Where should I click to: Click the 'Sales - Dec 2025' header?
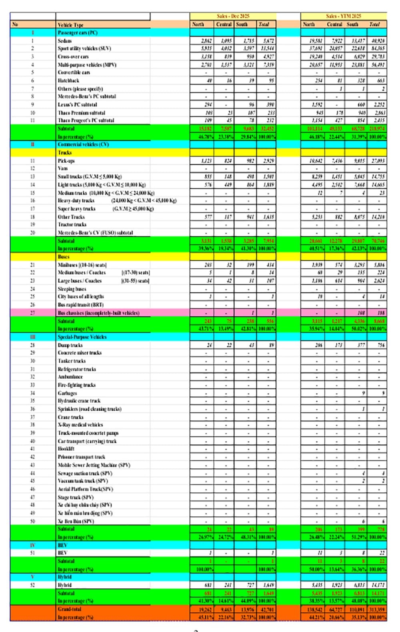click(233, 16)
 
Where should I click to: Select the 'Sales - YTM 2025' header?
click(343, 16)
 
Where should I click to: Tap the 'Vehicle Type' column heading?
click(70, 25)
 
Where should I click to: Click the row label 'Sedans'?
click(65, 40)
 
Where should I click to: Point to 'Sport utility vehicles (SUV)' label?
click(84, 48)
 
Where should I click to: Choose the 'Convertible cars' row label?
click(74, 72)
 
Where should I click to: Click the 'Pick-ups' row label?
click(66, 161)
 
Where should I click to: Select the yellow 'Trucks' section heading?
click(65, 152)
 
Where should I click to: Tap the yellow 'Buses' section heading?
click(64, 257)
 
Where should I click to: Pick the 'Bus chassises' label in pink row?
click(98, 313)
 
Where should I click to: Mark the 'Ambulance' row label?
click(70, 377)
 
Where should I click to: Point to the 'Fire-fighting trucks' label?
click(77, 385)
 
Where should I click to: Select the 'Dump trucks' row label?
click(70, 345)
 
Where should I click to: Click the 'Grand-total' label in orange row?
click(70, 609)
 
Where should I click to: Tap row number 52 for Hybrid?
click(33, 585)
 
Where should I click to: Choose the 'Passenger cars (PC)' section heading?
click(78, 32)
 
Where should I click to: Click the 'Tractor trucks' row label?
click(72, 225)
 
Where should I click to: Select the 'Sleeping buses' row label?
click(72, 289)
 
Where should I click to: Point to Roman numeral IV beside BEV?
click(33, 545)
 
